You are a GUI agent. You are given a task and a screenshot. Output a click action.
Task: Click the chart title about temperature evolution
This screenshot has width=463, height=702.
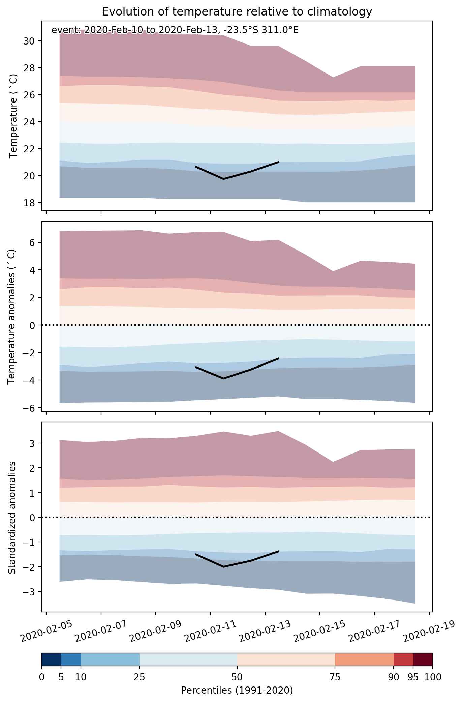(x=237, y=12)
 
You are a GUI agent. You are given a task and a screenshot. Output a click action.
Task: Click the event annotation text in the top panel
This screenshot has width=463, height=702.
(x=175, y=30)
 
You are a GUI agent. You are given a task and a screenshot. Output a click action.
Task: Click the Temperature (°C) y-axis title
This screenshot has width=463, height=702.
(x=13, y=116)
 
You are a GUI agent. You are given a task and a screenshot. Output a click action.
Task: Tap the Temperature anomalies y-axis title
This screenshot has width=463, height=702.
(x=12, y=317)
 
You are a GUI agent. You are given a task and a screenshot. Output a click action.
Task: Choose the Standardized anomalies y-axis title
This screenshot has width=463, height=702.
(x=12, y=517)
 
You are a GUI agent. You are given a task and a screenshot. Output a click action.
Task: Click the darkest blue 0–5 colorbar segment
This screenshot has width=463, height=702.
(x=51, y=660)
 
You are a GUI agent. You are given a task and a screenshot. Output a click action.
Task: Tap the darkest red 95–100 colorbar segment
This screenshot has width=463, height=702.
(x=423, y=660)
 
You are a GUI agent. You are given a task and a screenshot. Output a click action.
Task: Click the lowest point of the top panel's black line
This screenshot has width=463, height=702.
(x=223, y=179)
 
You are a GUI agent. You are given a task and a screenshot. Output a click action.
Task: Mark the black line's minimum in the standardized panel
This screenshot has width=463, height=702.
(x=223, y=567)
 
